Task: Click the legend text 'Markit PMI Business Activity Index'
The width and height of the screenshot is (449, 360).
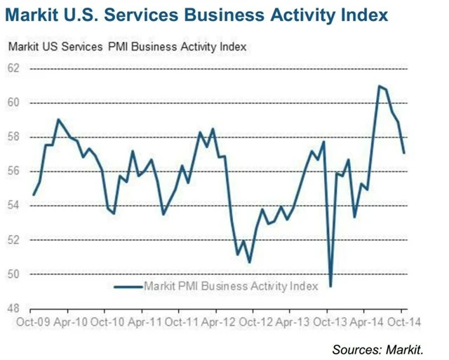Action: coord(231,286)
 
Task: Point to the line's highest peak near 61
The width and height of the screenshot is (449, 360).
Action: coord(379,86)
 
